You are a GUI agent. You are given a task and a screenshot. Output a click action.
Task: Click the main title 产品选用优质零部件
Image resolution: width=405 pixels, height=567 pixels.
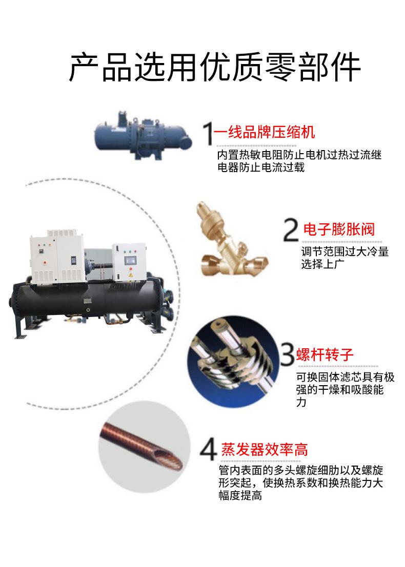(214, 67)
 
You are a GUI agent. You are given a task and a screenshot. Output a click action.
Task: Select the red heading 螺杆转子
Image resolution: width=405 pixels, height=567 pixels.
(326, 354)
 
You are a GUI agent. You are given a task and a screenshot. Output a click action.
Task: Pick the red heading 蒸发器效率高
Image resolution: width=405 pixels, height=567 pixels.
(265, 450)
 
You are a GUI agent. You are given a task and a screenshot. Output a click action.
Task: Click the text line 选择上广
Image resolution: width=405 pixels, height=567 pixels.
(322, 265)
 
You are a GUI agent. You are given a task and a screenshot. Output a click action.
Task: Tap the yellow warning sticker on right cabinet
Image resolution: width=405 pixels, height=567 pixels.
(130, 275)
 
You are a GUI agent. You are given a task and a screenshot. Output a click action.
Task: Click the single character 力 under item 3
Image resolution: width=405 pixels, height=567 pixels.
(301, 403)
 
